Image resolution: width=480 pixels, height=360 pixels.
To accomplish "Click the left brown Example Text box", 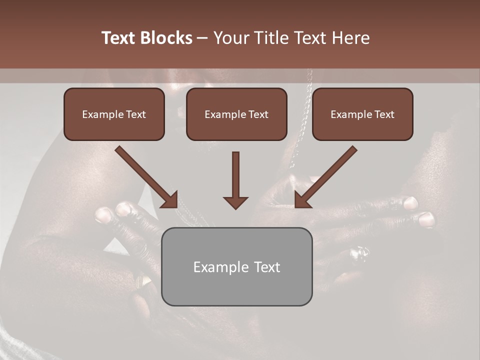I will point(114,114).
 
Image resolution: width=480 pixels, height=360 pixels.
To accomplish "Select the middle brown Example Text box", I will point(236,114).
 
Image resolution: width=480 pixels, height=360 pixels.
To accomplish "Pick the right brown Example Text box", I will point(362,114).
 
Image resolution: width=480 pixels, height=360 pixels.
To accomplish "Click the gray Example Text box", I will point(236,267).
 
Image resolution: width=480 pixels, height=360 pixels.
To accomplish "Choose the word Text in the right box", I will point(384,114).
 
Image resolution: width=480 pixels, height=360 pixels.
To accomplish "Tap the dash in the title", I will point(202,38).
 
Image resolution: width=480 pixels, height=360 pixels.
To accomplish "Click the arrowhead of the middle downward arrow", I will point(235,202).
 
